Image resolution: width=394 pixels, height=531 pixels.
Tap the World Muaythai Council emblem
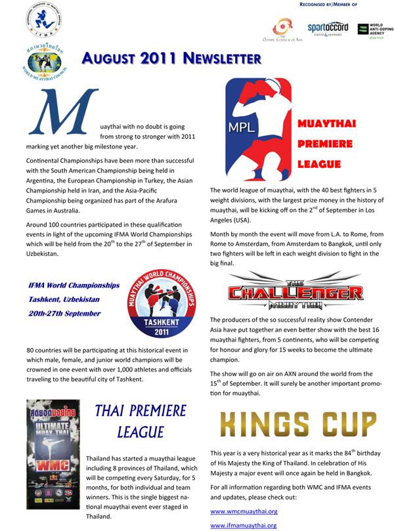pos(45,61)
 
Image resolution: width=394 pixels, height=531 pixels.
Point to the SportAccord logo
pos(328,29)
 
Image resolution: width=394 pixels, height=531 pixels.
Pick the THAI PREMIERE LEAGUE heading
pos(141,421)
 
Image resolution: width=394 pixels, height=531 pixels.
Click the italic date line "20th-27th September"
pos(64,313)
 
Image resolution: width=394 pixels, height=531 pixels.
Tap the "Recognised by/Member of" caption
pos(318,4)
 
